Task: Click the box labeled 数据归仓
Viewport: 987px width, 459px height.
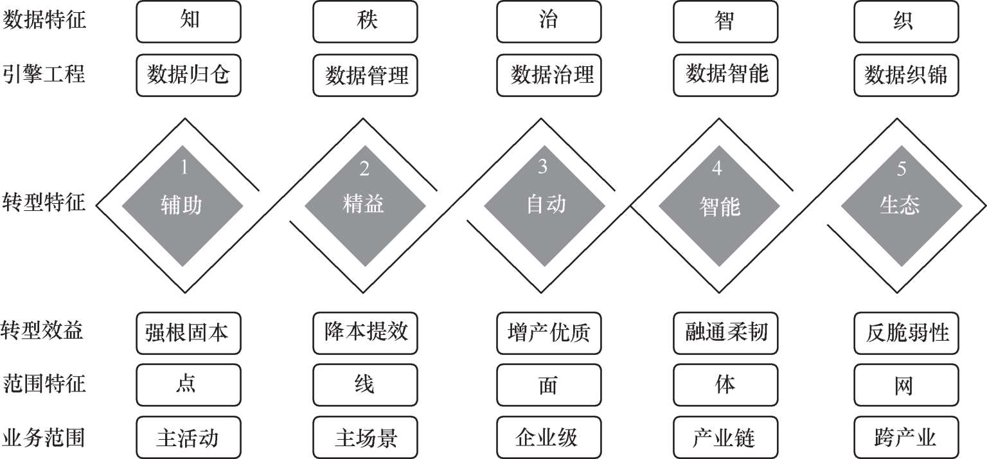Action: pos(188,75)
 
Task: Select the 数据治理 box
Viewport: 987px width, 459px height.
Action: pos(549,75)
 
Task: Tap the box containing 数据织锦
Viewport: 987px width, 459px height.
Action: pos(907,75)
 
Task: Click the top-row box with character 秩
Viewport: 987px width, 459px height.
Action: pos(365,22)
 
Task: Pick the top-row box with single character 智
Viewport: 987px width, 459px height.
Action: pos(725,22)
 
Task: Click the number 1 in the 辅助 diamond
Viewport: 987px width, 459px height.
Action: pos(184,167)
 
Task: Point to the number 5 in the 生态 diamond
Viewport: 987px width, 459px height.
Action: pos(902,168)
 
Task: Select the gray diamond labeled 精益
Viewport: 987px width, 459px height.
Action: pos(365,206)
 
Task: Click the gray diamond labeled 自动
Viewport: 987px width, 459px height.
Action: pos(545,206)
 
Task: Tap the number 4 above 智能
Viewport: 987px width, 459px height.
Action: pos(717,168)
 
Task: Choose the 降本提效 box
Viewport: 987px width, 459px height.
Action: pos(365,334)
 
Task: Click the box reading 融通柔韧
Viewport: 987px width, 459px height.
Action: pos(725,334)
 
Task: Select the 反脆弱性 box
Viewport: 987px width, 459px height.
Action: pos(907,334)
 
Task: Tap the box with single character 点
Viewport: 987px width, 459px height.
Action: pos(188,385)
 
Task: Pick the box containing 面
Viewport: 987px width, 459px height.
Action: pos(549,385)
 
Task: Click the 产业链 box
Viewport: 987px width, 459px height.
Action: pos(725,437)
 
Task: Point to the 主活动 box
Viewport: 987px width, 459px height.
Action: pos(188,437)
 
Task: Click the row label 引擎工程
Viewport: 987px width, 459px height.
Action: pos(44,74)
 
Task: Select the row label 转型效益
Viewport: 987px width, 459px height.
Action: pos(42,330)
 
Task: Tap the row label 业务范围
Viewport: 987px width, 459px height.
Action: pos(43,438)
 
